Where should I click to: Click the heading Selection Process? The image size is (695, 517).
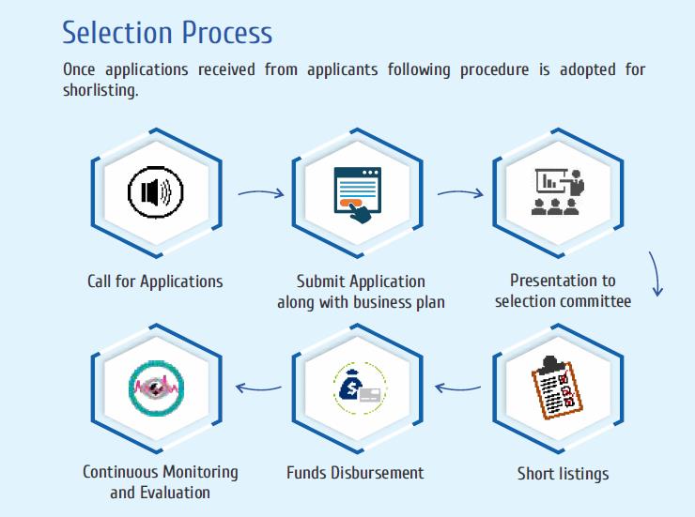(x=167, y=33)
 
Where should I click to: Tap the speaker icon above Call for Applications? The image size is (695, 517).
(x=155, y=192)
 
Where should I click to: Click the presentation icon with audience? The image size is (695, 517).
(x=557, y=192)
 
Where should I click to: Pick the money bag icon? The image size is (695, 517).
(x=357, y=386)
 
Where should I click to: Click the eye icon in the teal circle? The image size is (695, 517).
(x=155, y=386)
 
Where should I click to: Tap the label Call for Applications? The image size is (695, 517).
(x=155, y=281)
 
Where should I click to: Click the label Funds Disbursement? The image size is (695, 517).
(x=355, y=472)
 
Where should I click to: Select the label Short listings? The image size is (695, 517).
(x=563, y=473)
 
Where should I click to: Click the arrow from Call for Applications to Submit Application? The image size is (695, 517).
(x=260, y=194)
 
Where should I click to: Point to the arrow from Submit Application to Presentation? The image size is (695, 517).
(x=460, y=194)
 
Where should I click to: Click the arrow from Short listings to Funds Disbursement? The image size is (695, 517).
(x=460, y=386)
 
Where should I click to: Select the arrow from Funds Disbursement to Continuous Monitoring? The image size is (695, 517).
(x=258, y=386)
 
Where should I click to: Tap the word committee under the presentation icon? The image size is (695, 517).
(x=596, y=301)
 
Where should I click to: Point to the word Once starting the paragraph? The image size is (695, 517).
(x=80, y=70)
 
